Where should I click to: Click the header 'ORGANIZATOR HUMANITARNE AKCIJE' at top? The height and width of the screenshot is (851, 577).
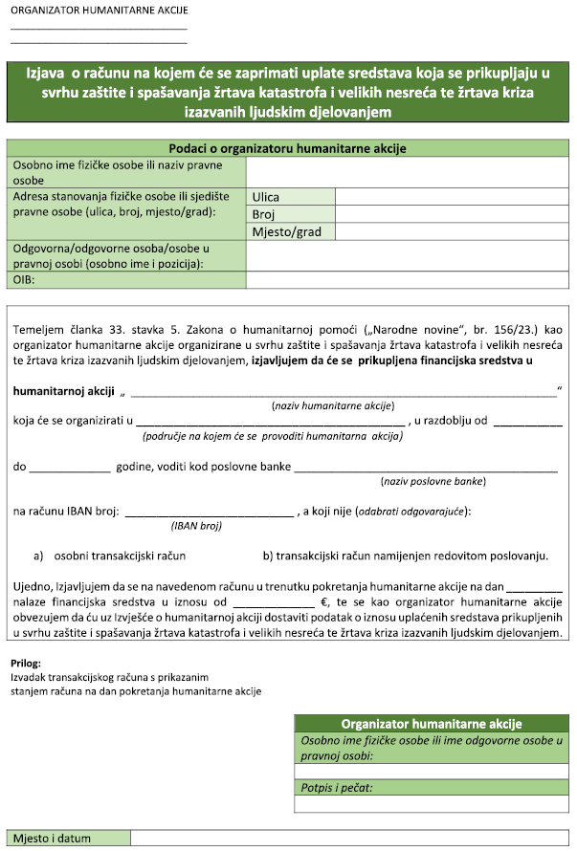click(x=99, y=11)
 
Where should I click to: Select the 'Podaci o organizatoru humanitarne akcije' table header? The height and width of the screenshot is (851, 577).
click(x=288, y=148)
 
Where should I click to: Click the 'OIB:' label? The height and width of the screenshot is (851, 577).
click(x=29, y=279)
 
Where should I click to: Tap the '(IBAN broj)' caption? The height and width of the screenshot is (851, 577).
click(x=197, y=525)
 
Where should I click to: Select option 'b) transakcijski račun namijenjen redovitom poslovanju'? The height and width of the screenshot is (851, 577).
click(x=404, y=555)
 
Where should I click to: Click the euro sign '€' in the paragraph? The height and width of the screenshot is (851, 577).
click(x=325, y=602)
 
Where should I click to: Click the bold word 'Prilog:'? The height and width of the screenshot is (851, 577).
click(x=26, y=663)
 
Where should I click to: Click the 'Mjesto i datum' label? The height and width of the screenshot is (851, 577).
click(x=53, y=839)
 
